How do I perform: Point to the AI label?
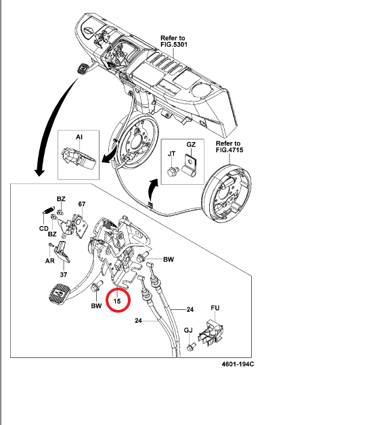[x=79, y=137]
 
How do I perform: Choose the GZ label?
[x=191, y=146]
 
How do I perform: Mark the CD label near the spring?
[x=43, y=228]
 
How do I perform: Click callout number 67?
[x=82, y=204]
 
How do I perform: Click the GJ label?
[x=189, y=332]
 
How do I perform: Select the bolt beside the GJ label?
[x=192, y=345]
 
